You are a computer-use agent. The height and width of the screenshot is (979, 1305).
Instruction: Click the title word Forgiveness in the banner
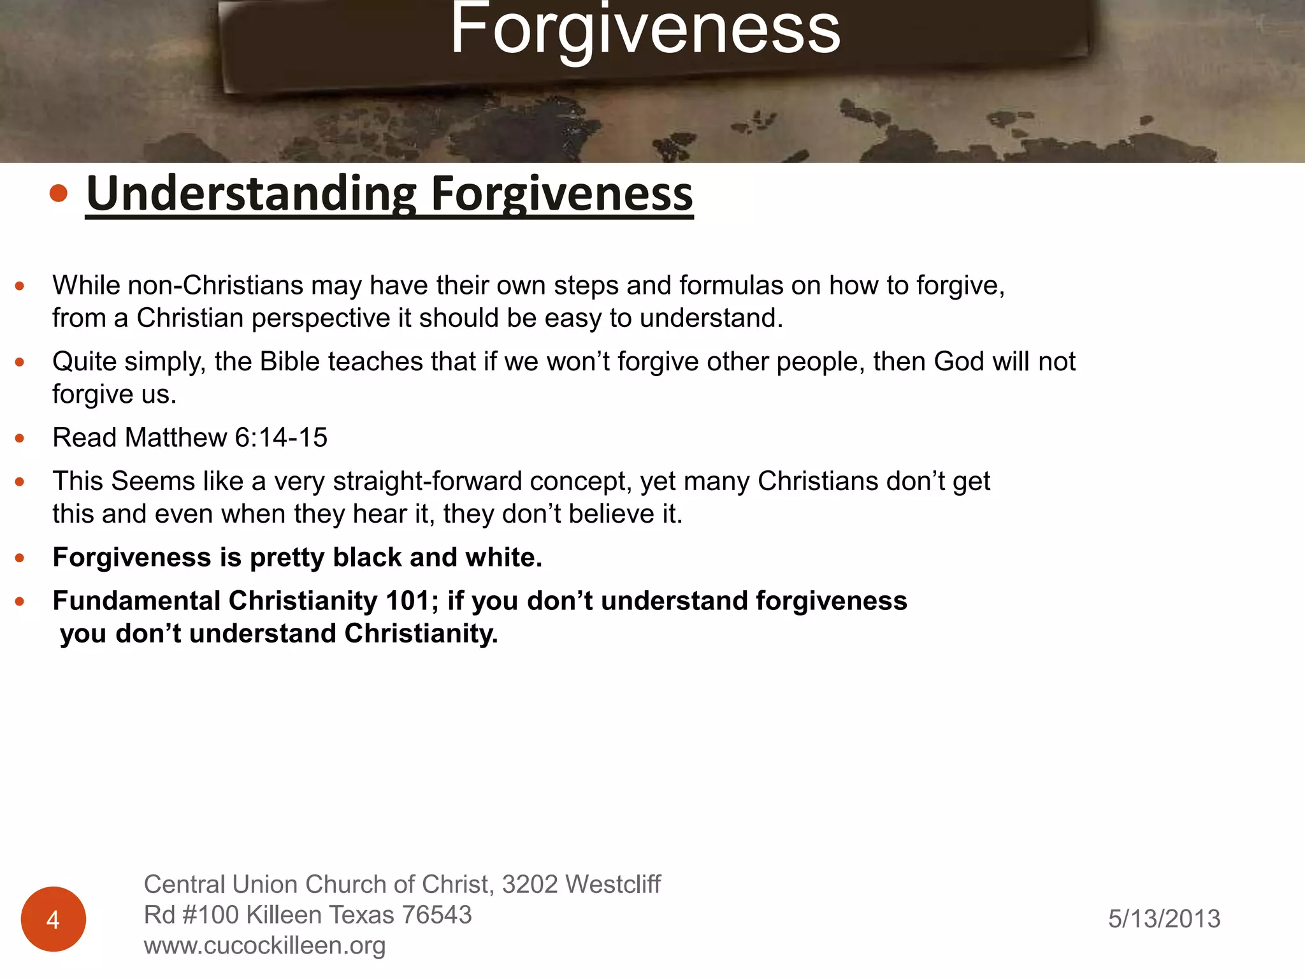pyautogui.click(x=645, y=31)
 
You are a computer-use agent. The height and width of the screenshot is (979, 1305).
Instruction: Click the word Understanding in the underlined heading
pyautogui.click(x=251, y=194)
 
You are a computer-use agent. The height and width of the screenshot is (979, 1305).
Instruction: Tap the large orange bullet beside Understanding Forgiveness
pyautogui.click(x=59, y=193)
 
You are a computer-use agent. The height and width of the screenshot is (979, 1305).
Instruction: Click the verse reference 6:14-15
pyautogui.click(x=281, y=438)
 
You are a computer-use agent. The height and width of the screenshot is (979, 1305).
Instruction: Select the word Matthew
pyautogui.click(x=176, y=438)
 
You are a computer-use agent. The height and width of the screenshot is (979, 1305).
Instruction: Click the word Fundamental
pyautogui.click(x=136, y=601)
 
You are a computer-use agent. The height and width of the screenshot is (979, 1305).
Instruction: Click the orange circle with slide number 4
pyautogui.click(x=54, y=919)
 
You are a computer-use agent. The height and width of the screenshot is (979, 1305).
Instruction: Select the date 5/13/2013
pyautogui.click(x=1164, y=919)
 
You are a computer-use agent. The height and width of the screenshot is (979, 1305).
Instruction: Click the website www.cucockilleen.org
pyautogui.click(x=264, y=946)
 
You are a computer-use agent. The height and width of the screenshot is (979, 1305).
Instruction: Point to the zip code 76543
pyautogui.click(x=437, y=915)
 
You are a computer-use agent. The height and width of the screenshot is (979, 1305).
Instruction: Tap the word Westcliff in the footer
pyautogui.click(x=612, y=885)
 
